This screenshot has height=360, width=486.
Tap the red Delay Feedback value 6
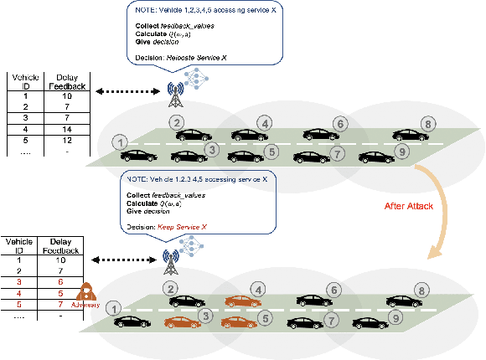[x=57, y=283]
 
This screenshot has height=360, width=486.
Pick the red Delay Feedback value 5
[x=57, y=295]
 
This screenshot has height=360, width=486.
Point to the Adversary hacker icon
[x=86, y=294]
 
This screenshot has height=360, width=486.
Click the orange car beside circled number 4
[x=241, y=300]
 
